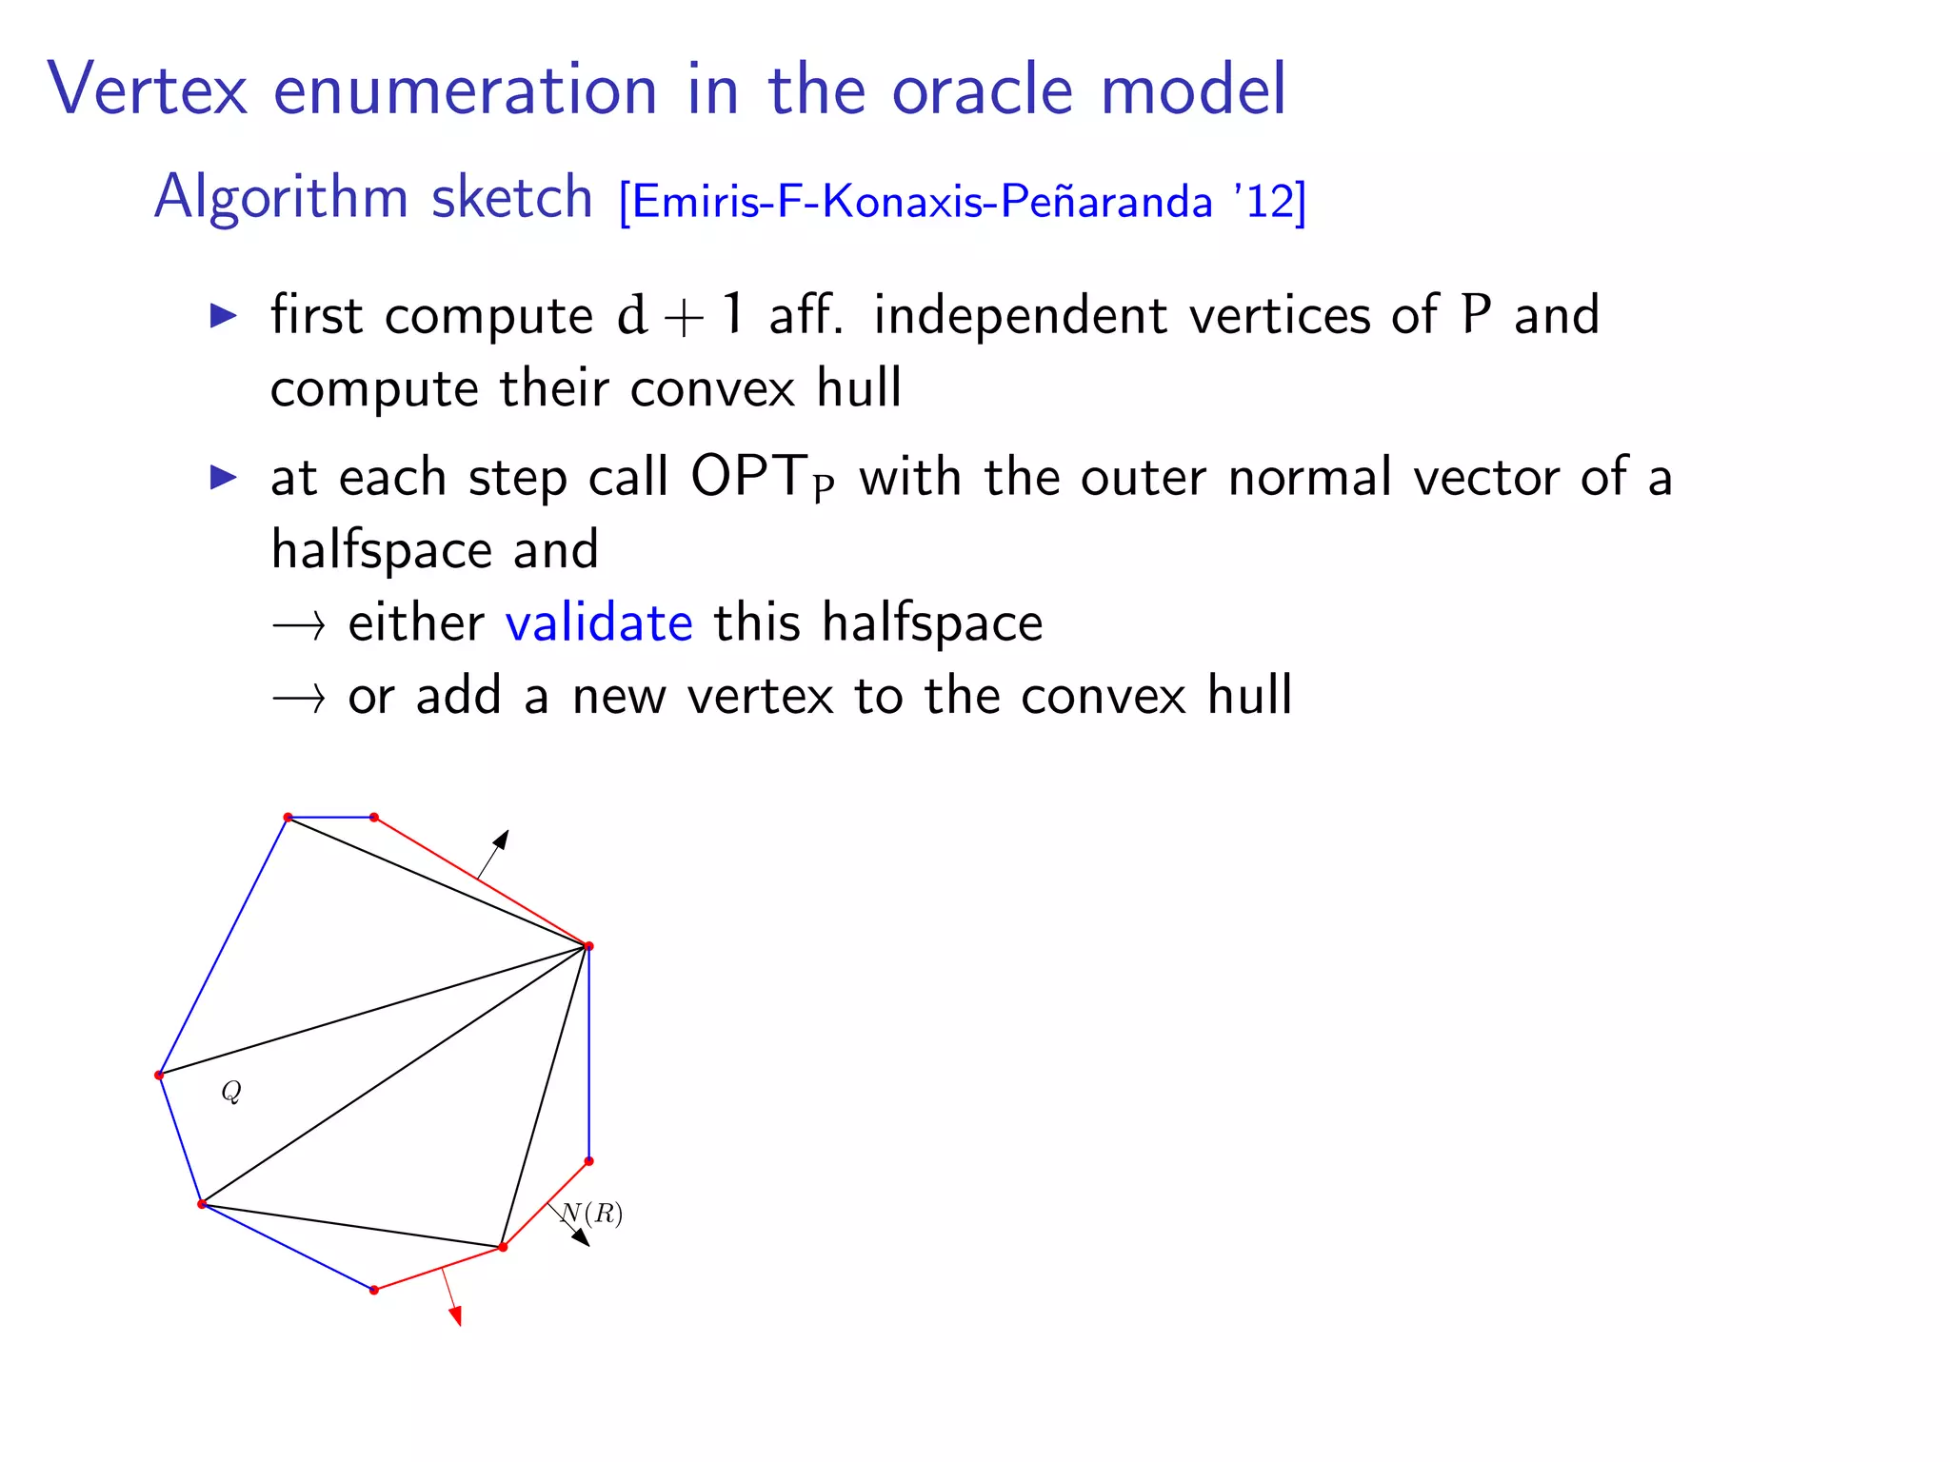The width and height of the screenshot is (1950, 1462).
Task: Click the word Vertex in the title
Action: click(148, 89)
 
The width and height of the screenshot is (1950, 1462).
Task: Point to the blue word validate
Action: click(599, 623)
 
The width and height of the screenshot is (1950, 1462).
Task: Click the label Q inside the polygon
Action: click(231, 1092)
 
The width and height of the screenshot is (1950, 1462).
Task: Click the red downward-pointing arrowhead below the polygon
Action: click(456, 1316)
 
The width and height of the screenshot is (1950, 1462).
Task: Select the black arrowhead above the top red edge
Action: click(501, 840)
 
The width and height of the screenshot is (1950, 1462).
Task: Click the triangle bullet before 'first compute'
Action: click(224, 315)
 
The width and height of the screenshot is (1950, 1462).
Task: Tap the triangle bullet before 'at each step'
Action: click(224, 477)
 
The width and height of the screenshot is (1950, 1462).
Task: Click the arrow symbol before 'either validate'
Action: click(299, 625)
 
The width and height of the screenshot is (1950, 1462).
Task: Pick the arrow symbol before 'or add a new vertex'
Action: click(299, 699)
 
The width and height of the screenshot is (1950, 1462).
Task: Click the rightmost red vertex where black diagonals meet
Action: click(588, 946)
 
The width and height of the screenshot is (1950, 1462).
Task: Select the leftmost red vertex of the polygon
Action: click(159, 1076)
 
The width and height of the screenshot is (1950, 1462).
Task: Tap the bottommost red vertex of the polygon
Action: click(374, 1290)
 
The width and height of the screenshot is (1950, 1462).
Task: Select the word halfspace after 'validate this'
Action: click(932, 623)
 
